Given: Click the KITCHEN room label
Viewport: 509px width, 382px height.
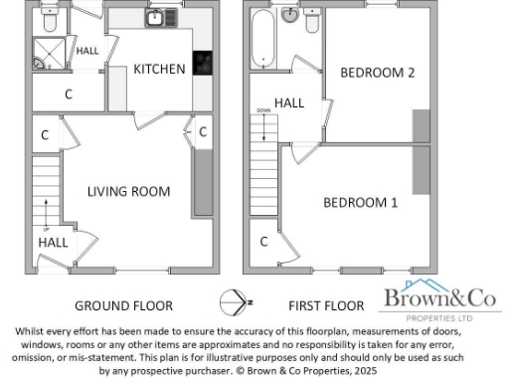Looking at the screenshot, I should click(160, 69).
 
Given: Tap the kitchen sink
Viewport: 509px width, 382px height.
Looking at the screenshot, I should click(156, 18).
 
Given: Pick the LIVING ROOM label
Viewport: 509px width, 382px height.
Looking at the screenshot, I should click(128, 191).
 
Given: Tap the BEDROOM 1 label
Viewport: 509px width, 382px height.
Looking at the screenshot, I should click(360, 202).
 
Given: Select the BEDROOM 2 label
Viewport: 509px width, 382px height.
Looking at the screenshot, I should click(377, 73).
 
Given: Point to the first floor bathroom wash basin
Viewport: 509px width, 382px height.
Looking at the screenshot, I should click(290, 17).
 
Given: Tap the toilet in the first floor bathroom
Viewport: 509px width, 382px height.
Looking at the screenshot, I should click(312, 20).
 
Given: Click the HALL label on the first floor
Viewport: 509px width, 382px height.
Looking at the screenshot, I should click(289, 102).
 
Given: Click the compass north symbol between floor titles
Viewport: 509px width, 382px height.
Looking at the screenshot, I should click(232, 301).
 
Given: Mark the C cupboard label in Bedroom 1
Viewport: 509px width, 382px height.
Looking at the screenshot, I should click(263, 241).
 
